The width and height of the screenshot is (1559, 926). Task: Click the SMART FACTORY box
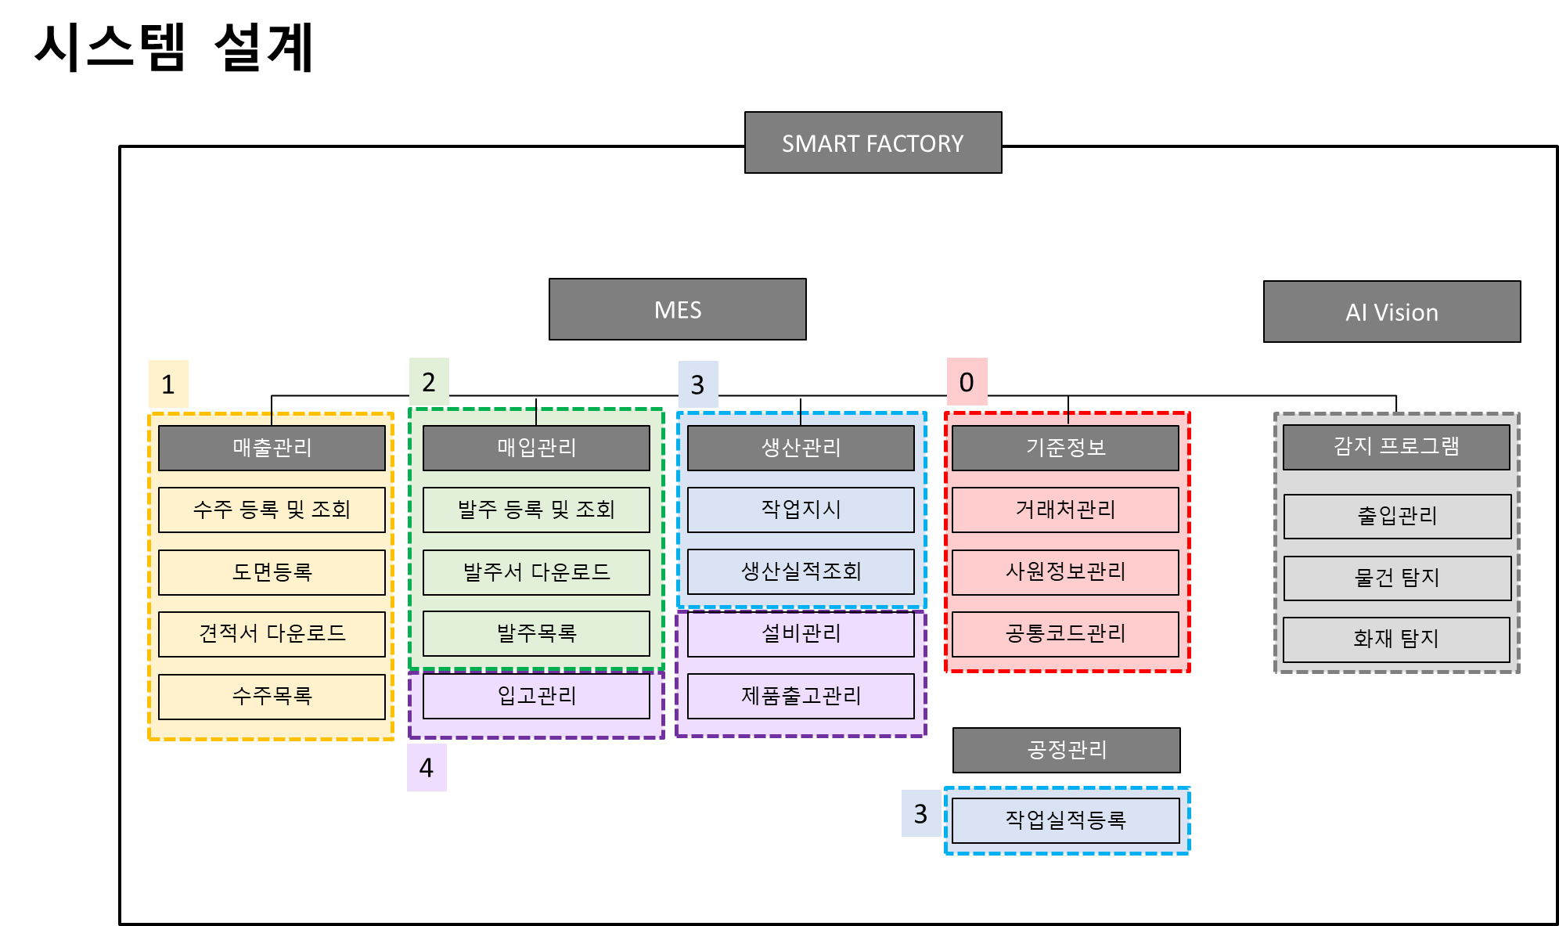tap(873, 142)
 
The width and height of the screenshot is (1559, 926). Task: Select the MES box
tap(677, 309)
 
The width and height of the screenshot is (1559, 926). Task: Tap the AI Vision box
tap(1392, 312)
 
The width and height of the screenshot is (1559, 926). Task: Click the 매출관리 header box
tap(272, 448)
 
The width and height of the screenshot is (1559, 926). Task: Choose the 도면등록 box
tap(272, 572)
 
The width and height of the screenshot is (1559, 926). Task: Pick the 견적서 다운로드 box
tap(272, 633)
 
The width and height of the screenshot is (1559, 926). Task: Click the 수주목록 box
tap(272, 696)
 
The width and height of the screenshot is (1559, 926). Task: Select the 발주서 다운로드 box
tap(536, 572)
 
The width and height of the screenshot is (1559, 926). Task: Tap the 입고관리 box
tap(536, 696)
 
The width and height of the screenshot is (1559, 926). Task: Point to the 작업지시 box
tap(801, 510)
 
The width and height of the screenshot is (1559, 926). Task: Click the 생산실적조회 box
tap(801, 571)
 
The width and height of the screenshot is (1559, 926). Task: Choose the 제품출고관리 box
tap(801, 696)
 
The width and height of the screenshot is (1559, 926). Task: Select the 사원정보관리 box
tap(1065, 572)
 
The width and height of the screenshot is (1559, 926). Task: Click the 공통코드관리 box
tap(1065, 633)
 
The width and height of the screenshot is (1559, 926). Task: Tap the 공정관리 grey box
tap(1066, 750)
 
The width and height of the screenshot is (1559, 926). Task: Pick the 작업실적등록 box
tap(1065, 820)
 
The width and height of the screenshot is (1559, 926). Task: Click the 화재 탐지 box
tap(1396, 640)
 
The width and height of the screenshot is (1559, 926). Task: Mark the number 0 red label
tap(967, 382)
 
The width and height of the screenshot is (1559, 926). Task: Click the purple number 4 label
tap(427, 767)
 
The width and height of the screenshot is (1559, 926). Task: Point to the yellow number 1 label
tap(168, 384)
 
